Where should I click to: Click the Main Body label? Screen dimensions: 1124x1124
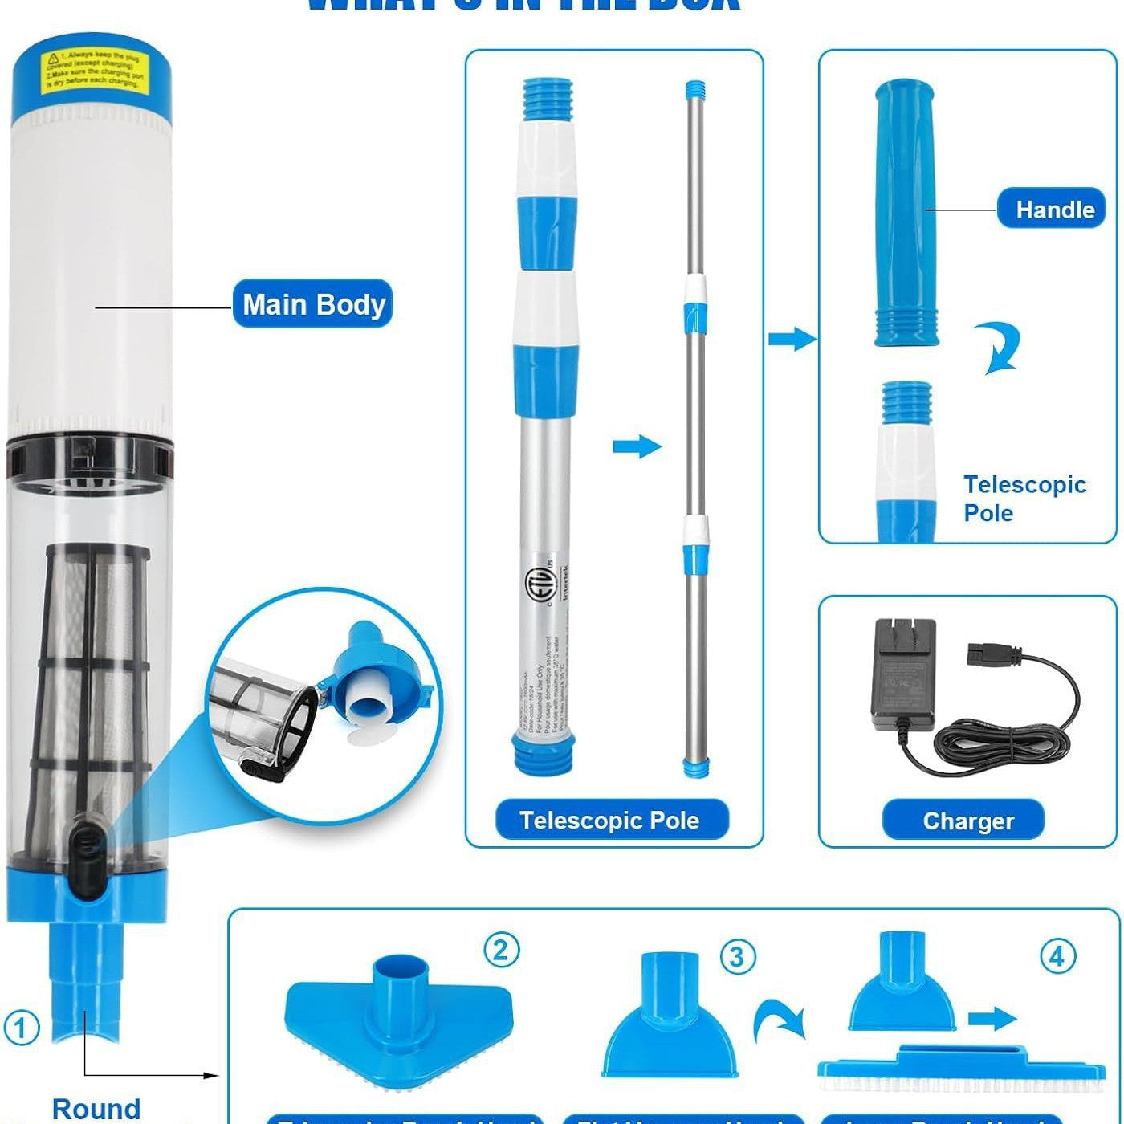312,303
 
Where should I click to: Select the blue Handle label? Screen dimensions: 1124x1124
1055,210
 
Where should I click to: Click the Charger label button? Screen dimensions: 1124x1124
963,821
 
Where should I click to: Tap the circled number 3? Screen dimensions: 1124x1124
737,956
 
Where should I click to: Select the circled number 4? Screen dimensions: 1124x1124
1057,956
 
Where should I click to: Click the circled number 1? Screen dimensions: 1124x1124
22,1028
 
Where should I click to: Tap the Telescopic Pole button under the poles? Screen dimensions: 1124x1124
610,820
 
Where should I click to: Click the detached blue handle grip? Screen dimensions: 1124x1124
906,213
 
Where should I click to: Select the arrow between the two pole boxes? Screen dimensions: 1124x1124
792,339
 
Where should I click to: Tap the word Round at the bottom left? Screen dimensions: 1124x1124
96,1108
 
